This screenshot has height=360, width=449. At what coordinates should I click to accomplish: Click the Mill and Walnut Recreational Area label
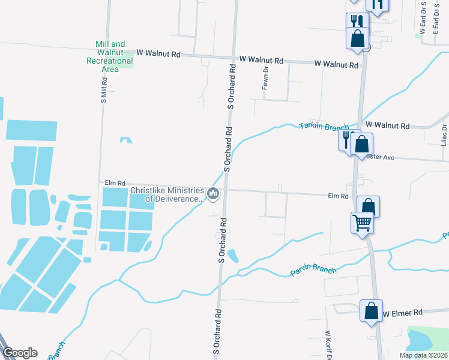click(110, 56)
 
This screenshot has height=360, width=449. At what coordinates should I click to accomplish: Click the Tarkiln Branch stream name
click(324, 127)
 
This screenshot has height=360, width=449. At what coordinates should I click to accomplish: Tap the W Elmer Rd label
click(403, 313)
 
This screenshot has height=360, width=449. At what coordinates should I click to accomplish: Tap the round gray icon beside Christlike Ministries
click(213, 194)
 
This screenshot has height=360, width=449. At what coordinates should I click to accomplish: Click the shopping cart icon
click(363, 223)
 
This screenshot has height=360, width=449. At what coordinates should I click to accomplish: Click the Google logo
click(20, 353)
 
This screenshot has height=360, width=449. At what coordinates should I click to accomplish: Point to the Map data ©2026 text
click(423, 355)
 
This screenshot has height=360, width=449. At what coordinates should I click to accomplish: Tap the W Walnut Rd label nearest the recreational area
click(158, 54)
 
